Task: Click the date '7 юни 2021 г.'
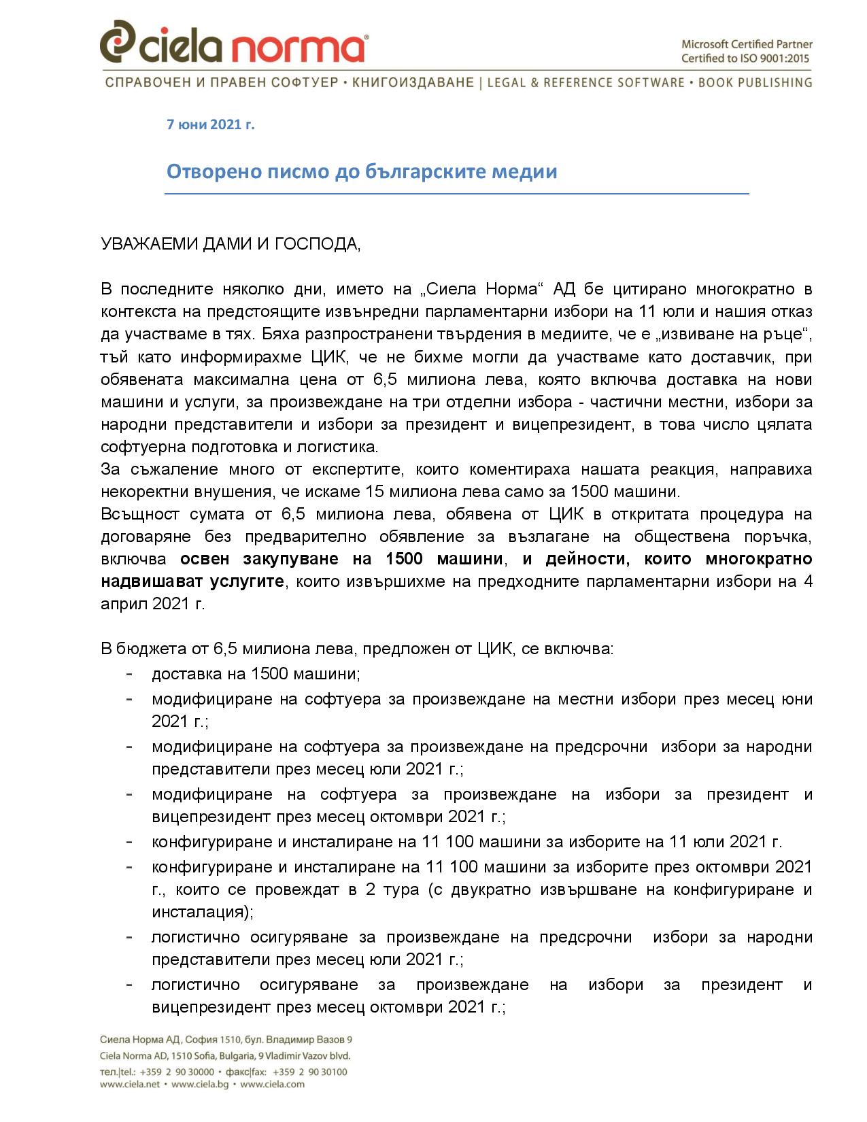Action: coord(211,124)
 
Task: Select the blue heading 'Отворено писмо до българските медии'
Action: coord(362,171)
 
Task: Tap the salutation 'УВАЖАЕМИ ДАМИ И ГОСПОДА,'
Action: coord(231,244)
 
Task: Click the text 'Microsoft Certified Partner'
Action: coord(747,44)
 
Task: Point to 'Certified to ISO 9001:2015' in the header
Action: coord(745,58)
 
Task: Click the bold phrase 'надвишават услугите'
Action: coord(192,581)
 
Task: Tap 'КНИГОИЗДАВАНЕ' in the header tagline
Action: coord(413,83)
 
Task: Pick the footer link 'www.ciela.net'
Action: coord(130,1085)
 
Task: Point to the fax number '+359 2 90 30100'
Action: coord(309,1072)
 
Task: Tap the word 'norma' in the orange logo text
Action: coord(297,48)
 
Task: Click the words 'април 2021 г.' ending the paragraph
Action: coord(152,604)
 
